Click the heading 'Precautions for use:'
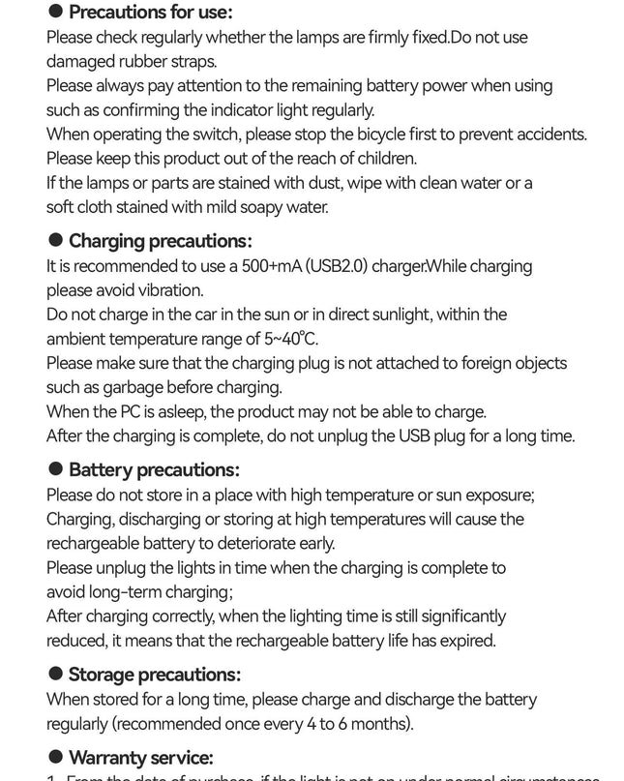click(151, 13)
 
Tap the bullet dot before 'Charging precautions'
click(56, 240)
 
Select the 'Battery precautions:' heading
click(154, 469)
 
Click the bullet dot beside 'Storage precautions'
click(56, 674)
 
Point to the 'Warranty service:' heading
click(141, 757)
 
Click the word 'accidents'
click(548, 134)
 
